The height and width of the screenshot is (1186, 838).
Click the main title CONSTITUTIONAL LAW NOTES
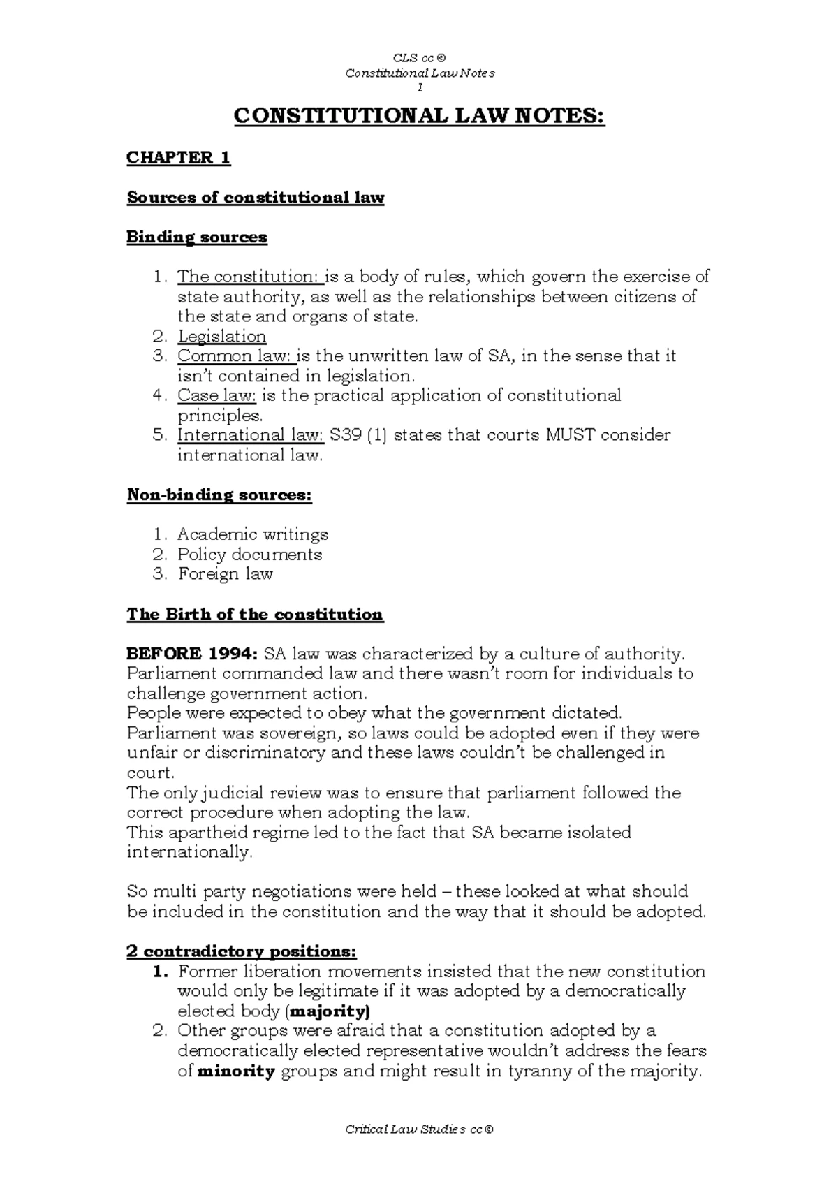tap(419, 116)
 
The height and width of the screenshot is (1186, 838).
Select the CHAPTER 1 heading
tap(178, 158)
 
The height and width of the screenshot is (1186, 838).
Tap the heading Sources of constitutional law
tap(256, 198)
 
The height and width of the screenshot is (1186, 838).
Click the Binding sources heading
tap(197, 237)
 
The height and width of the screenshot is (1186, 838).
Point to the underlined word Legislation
tap(221, 337)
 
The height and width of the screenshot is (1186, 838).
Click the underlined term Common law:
tap(236, 356)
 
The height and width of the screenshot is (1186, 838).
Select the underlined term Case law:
tap(217, 396)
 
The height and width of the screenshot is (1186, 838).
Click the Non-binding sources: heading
tap(219, 495)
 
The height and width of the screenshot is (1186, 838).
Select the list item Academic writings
tap(253, 535)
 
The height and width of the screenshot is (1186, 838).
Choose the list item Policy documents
tap(250, 555)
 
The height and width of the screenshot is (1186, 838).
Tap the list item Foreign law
tap(226, 574)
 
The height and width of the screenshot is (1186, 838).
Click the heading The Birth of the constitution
tap(255, 615)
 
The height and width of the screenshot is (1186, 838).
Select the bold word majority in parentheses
tap(328, 1011)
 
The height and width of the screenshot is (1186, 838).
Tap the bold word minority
tap(237, 1071)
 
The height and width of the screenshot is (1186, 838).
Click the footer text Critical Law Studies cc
tap(419, 1130)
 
